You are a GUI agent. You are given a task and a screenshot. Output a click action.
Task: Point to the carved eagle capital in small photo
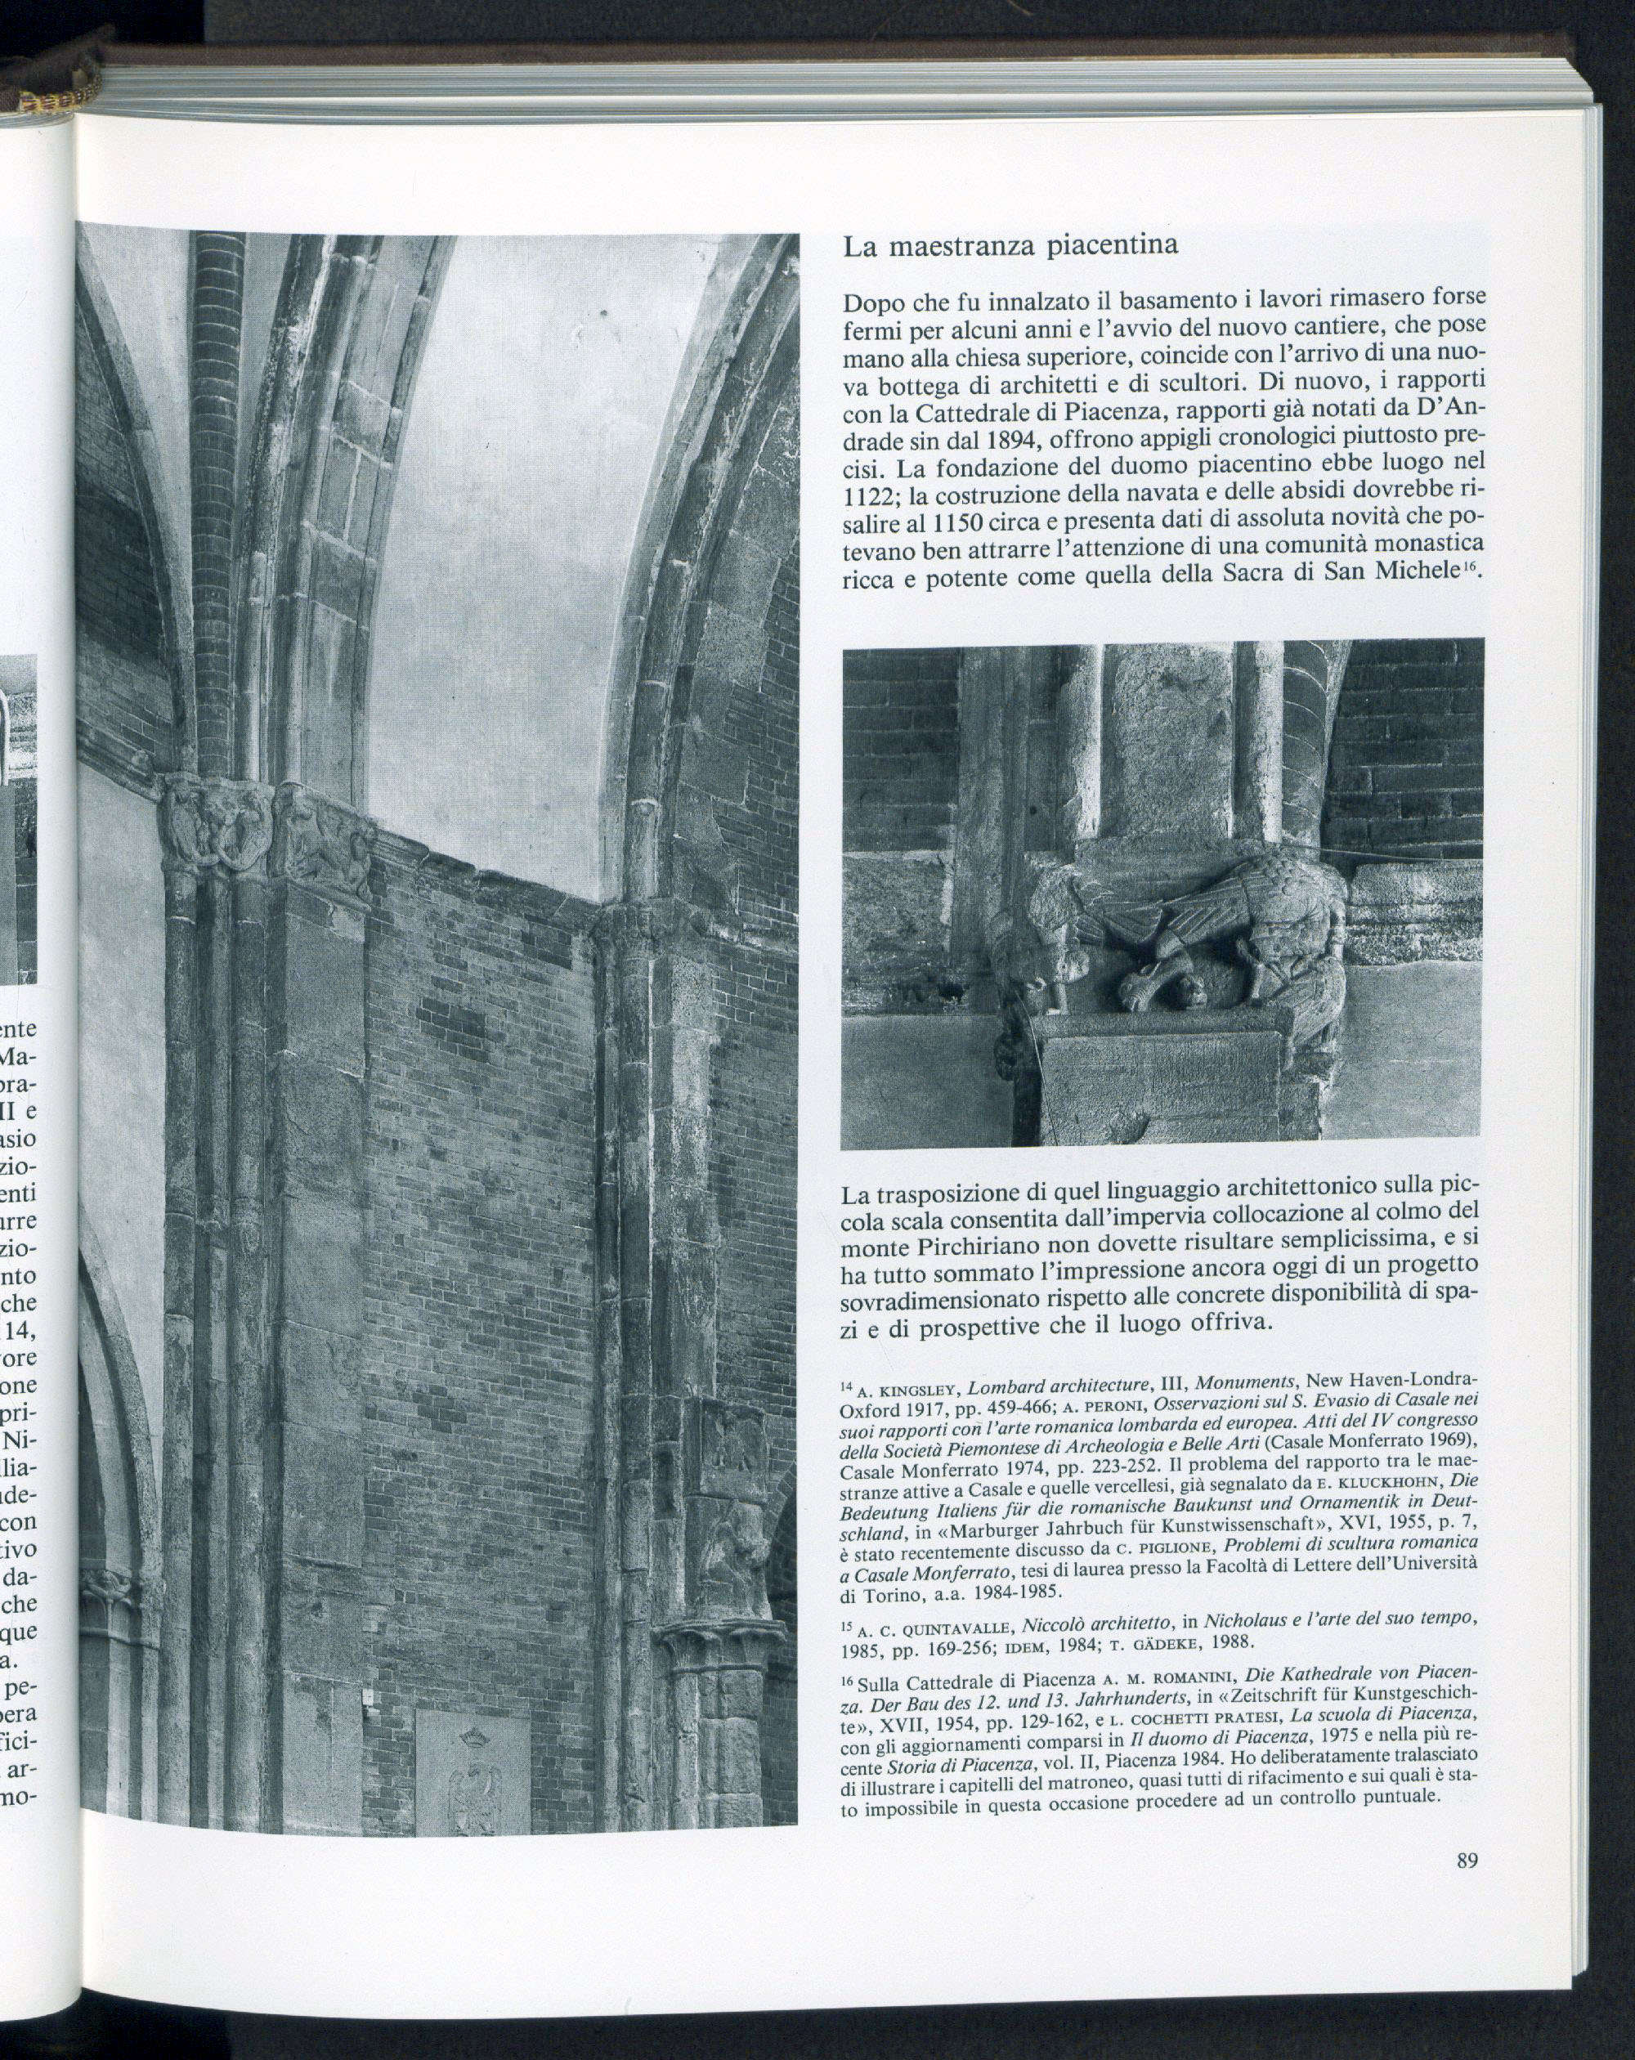(1185, 936)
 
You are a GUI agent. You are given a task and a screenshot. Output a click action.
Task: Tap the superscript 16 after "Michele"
(1467, 571)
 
